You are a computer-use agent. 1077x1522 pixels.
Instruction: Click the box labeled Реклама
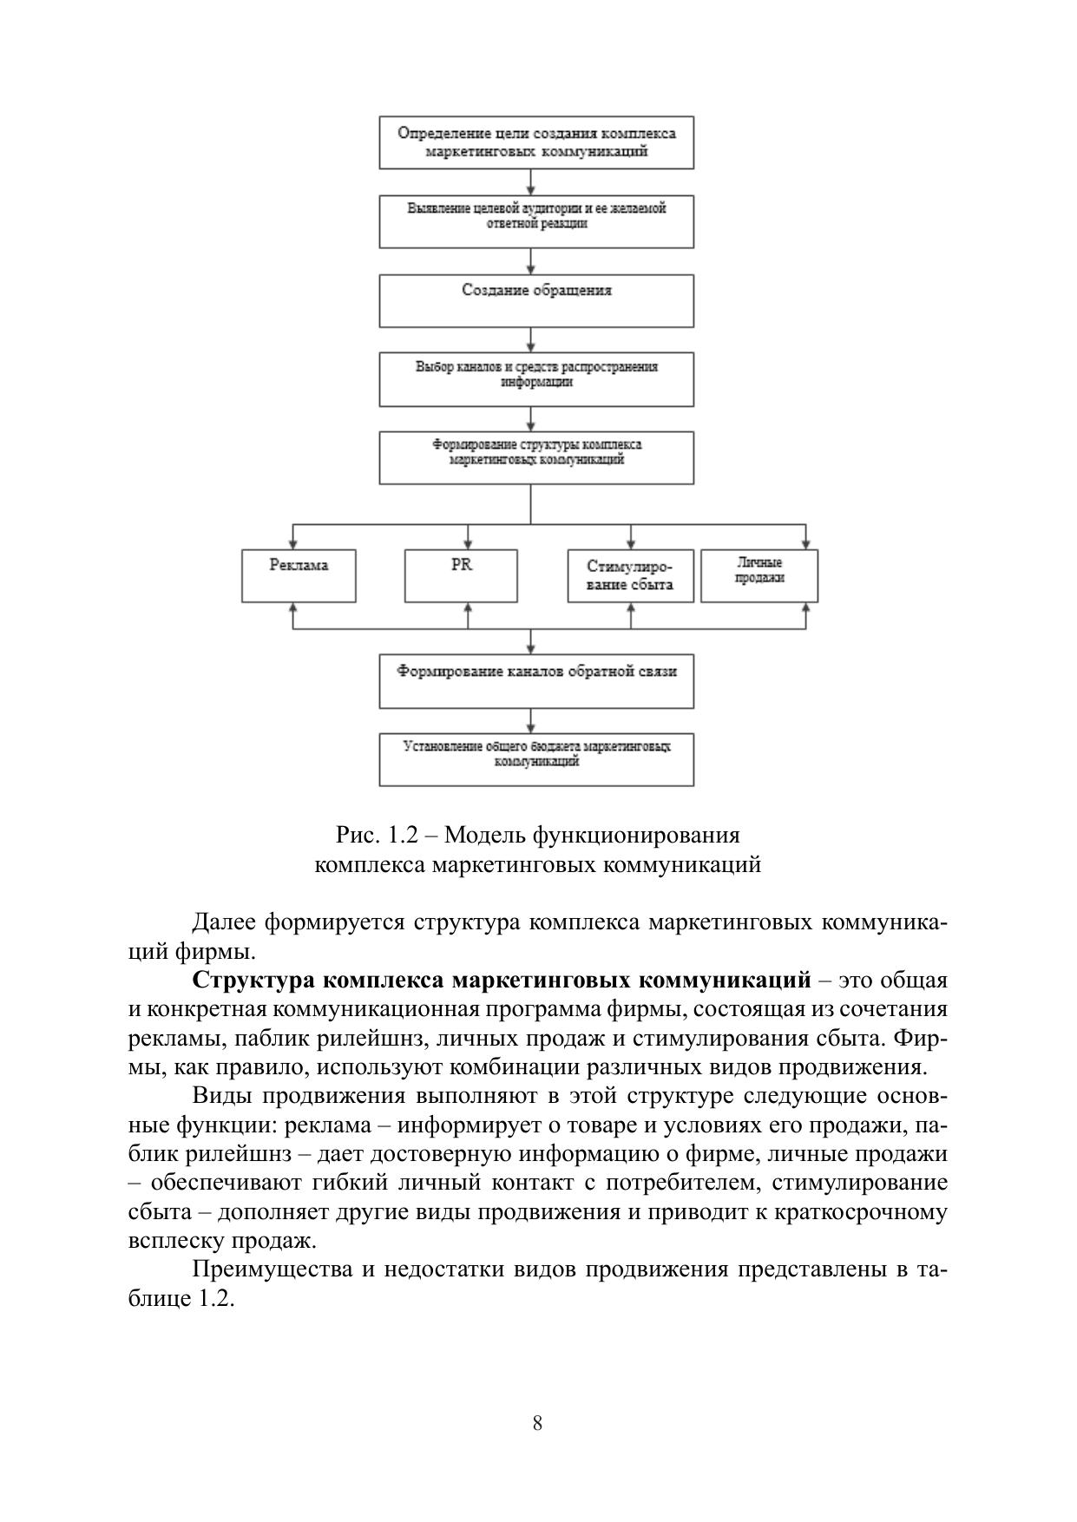click(x=299, y=575)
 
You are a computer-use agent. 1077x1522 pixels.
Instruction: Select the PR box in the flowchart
click(x=461, y=575)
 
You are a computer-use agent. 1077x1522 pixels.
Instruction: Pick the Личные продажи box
click(x=759, y=575)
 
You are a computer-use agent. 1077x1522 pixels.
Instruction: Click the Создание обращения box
click(x=536, y=300)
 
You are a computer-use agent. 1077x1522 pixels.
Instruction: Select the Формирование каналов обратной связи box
click(x=536, y=681)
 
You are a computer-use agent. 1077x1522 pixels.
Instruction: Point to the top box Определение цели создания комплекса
click(x=536, y=141)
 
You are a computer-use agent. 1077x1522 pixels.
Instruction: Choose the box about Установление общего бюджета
click(x=536, y=759)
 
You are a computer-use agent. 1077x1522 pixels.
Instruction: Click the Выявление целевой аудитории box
click(x=536, y=221)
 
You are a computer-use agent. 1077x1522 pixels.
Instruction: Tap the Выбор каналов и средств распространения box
click(x=536, y=379)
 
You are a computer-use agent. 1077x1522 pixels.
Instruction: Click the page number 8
click(x=538, y=1423)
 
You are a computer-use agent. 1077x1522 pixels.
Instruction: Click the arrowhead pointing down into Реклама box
click(x=293, y=544)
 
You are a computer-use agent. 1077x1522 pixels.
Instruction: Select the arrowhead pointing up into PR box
click(x=469, y=608)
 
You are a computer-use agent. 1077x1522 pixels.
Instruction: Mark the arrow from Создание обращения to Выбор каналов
click(x=531, y=340)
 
